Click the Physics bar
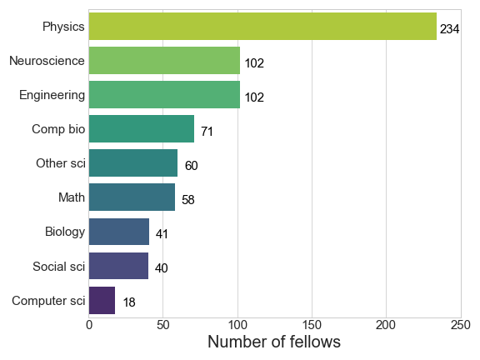point(262,27)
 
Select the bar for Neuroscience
point(164,61)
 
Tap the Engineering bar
point(164,95)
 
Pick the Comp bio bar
point(142,129)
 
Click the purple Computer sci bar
point(102,300)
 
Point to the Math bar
point(132,197)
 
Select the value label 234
point(449,29)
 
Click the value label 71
point(207,132)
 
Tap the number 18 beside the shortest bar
point(129,302)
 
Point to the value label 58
point(188,200)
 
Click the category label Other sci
point(61,163)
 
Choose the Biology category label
point(65,232)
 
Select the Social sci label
point(59,267)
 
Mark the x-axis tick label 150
point(312,325)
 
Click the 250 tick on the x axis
point(461,325)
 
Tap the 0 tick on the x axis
point(89,325)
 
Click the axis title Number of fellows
point(274,342)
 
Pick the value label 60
point(192,166)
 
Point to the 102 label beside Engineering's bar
point(254,97)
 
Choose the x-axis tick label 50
point(162,325)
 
